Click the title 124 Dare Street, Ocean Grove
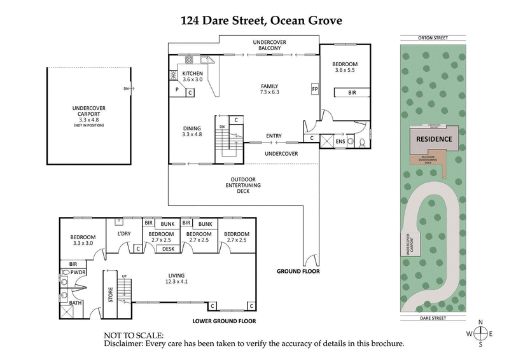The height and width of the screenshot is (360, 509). tap(261, 21)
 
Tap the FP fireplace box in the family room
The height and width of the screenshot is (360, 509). tap(314, 88)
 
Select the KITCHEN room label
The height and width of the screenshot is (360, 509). tap(192, 73)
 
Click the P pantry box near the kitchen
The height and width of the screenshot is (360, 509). tap(177, 90)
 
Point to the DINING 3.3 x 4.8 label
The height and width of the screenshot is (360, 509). tap(192, 131)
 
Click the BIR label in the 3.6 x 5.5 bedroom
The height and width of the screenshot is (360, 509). tap(352, 93)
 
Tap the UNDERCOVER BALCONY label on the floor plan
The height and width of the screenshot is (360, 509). tap(270, 45)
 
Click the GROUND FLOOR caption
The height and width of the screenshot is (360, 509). tap(298, 272)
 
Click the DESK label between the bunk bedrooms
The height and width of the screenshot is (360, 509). tap(169, 249)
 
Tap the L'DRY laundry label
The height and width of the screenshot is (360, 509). tap(124, 234)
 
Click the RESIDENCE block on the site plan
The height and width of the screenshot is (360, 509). tap(434, 139)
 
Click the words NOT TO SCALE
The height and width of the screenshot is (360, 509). tap(134, 335)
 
